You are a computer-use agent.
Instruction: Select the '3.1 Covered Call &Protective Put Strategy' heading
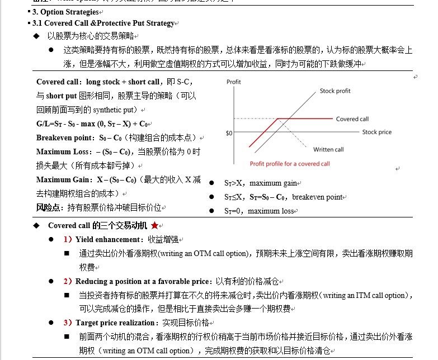[x=103, y=23]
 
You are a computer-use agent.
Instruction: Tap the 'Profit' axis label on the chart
[x=234, y=82]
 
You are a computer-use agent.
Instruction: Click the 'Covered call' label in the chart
[x=352, y=119]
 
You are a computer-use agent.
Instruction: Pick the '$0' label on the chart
[x=229, y=133]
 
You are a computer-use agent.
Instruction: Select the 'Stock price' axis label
[x=377, y=132]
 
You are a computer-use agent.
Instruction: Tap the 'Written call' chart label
[x=328, y=149]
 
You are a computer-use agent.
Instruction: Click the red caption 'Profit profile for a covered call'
[x=290, y=164]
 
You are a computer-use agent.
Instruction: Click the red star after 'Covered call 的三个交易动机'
[x=154, y=225]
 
